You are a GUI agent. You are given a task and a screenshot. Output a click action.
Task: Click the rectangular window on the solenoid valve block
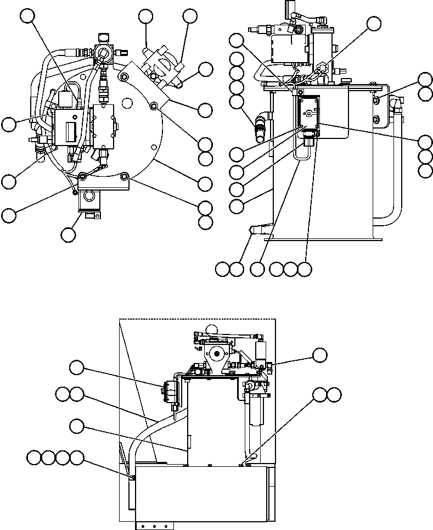tap(71, 132)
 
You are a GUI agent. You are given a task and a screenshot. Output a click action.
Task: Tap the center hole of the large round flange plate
tap(127, 102)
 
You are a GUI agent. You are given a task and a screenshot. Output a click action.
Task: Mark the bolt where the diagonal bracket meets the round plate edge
tap(154, 105)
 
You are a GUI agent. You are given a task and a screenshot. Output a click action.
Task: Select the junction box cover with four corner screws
tap(309, 114)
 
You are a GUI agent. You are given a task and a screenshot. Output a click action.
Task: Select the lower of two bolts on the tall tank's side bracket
tap(375, 119)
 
